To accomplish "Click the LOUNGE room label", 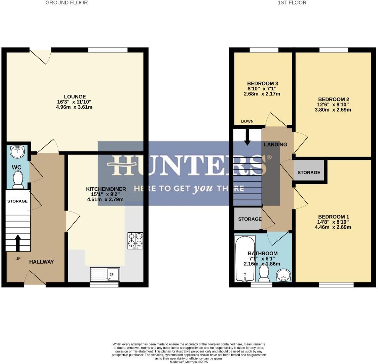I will pos(75,97).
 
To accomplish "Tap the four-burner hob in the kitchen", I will pos(135,240).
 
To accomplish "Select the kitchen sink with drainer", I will pos(105,274).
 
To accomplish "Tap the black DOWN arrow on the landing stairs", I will pos(247,137).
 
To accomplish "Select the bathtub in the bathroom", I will pos(245,259).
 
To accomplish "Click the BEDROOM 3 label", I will pos(263,84).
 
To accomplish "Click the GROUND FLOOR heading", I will pos(67,3).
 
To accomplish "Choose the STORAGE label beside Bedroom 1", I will pos(309,172).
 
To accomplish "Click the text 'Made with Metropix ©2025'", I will pos(189,362).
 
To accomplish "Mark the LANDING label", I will pos(276,144).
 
